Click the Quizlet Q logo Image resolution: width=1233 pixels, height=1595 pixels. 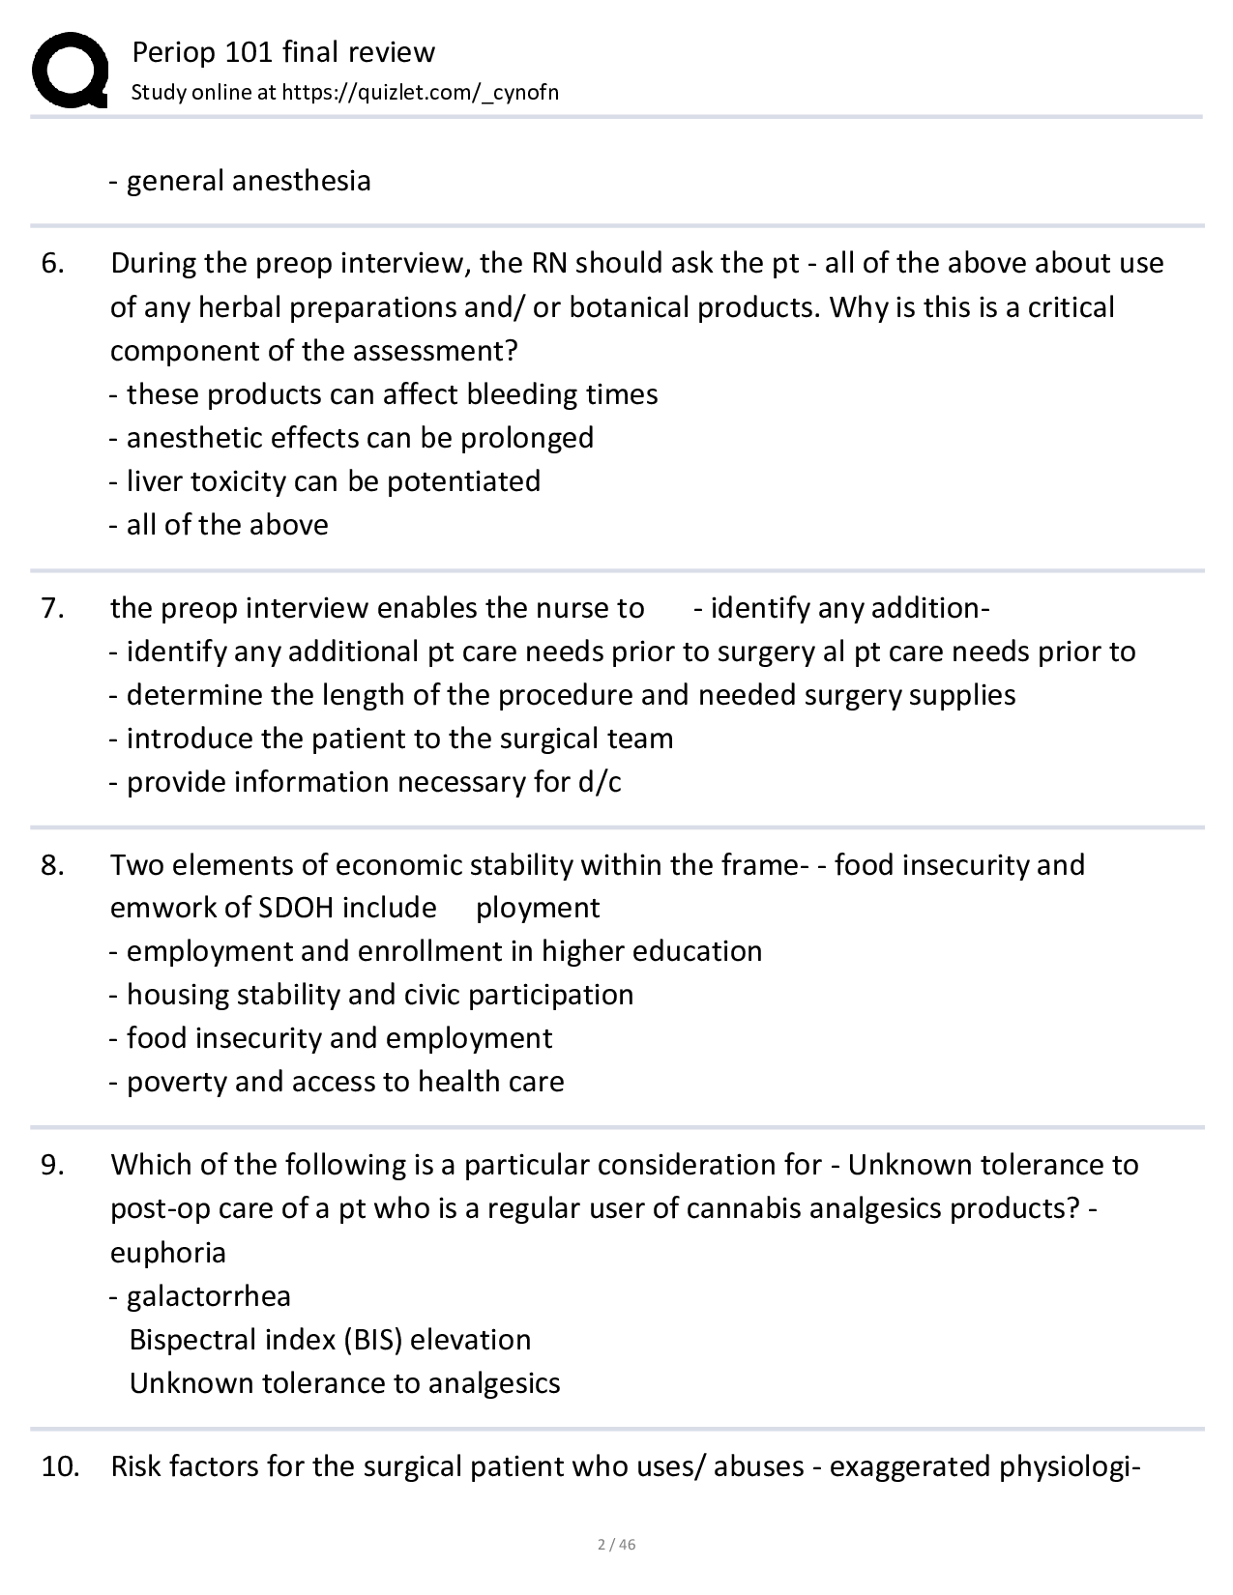[x=70, y=70]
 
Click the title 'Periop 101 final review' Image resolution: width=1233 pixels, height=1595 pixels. [x=283, y=51]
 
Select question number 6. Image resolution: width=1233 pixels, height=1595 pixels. [x=53, y=263]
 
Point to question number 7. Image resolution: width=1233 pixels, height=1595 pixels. [x=53, y=608]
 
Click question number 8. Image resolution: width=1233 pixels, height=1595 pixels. [x=53, y=864]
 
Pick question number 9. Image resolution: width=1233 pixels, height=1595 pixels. [x=53, y=1165]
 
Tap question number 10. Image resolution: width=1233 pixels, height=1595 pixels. [x=59, y=1466]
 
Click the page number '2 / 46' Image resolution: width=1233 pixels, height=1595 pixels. [x=616, y=1544]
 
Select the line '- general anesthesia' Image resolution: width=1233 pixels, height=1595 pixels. [x=240, y=181]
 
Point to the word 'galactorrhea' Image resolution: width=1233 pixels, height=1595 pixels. [x=209, y=1296]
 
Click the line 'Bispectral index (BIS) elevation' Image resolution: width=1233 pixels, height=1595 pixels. [x=330, y=1340]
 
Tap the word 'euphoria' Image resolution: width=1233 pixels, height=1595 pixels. [x=168, y=1253]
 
